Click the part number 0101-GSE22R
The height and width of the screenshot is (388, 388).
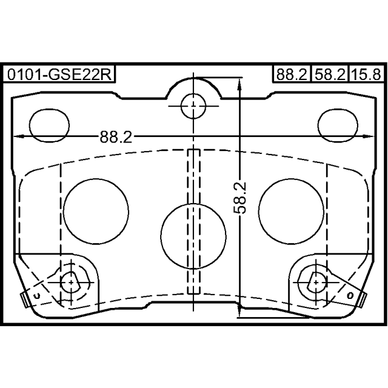[59, 74]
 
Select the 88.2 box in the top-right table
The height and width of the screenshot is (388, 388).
[292, 74]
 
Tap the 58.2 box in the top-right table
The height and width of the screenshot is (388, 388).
[330, 74]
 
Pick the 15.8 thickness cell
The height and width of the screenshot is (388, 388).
[367, 74]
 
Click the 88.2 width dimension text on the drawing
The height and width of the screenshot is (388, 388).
[116, 137]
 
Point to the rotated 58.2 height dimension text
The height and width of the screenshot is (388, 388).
[240, 198]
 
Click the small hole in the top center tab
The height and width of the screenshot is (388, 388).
[193, 106]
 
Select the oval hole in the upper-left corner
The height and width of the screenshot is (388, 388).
[49, 125]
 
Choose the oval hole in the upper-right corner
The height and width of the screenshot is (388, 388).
[338, 125]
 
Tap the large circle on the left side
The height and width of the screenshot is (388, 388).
[96, 212]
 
